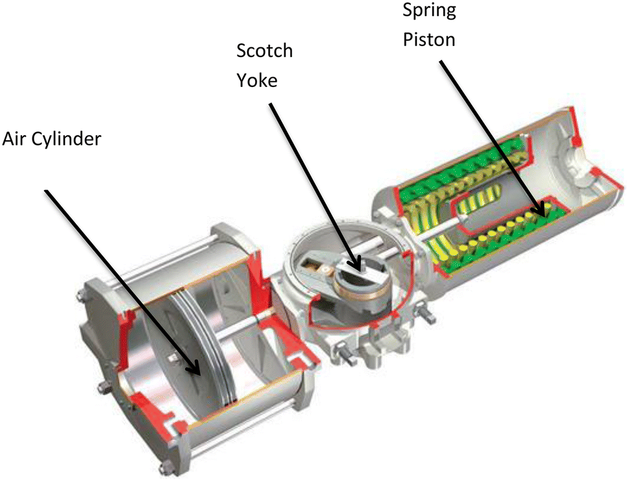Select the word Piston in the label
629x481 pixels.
click(x=429, y=39)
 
